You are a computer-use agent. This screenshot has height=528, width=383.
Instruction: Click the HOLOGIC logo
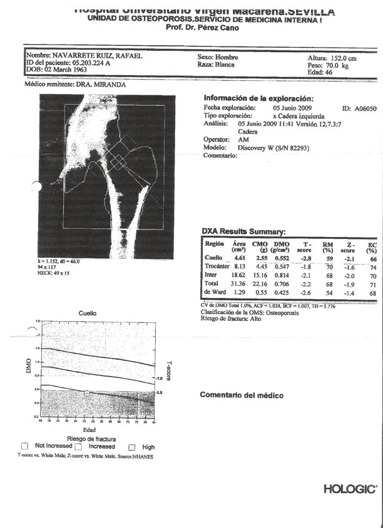click(x=350, y=488)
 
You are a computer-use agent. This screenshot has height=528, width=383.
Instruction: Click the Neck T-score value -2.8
click(x=305, y=258)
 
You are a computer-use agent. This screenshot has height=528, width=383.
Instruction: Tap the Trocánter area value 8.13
click(x=239, y=267)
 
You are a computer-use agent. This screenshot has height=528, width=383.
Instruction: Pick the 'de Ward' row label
click(x=215, y=292)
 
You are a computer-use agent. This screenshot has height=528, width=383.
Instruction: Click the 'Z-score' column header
click(x=348, y=246)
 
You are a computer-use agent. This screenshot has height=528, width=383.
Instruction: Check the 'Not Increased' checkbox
click(x=24, y=446)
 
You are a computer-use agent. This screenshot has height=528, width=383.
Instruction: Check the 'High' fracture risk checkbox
click(x=132, y=447)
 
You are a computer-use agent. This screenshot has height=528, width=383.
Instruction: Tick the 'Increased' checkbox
click(x=79, y=446)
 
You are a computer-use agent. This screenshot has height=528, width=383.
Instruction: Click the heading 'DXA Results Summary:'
click(x=244, y=231)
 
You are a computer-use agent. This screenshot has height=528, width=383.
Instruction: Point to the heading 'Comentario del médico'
click(x=241, y=395)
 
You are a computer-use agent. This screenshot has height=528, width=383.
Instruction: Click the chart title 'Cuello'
click(x=87, y=312)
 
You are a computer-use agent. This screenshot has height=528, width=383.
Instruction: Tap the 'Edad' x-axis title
click(x=89, y=430)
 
